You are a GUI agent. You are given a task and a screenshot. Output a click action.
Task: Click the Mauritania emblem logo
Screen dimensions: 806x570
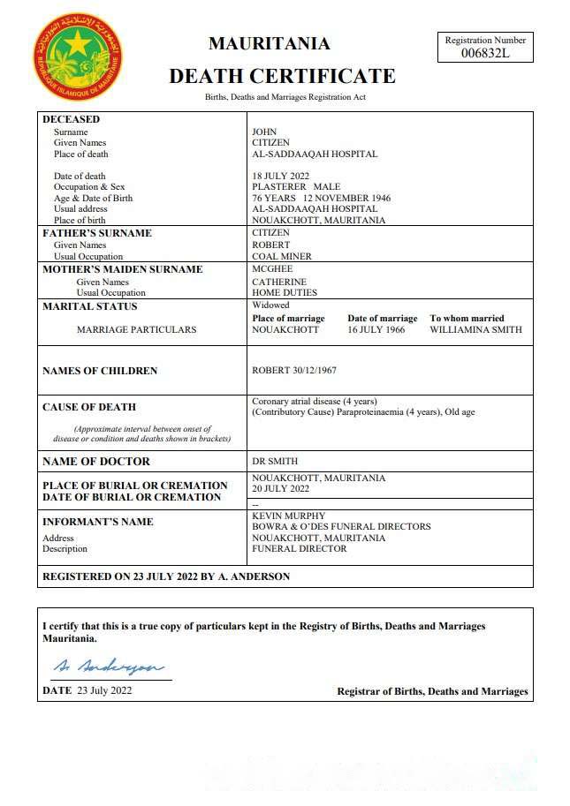78,56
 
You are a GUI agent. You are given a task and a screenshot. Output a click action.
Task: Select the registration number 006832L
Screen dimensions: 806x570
485,53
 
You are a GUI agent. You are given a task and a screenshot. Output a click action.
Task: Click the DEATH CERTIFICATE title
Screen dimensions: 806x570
282,76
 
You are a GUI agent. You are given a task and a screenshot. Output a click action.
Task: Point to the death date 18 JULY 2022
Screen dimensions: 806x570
280,176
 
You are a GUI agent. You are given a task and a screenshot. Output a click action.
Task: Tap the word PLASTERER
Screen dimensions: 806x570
279,187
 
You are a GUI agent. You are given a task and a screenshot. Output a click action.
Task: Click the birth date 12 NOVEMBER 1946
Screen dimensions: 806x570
350,198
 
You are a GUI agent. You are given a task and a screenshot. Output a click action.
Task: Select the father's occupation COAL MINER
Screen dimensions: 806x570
282,257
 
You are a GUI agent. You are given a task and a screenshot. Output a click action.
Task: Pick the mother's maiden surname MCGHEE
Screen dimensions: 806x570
272,269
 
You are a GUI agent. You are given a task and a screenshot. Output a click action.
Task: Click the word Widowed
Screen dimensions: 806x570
271,305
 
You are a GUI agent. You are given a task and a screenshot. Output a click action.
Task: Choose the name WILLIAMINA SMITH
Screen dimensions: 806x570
475,329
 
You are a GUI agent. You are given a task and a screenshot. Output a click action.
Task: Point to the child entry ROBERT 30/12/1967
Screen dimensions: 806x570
293,371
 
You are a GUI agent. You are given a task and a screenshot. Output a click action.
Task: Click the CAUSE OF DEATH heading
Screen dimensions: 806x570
89,407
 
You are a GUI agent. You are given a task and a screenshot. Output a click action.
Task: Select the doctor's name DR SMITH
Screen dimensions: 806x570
275,461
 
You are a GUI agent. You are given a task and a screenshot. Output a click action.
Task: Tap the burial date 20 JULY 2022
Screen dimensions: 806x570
280,488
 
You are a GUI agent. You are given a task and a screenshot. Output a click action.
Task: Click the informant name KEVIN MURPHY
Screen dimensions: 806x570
289,516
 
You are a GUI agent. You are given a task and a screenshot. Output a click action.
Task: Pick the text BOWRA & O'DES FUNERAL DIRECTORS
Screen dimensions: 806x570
341,527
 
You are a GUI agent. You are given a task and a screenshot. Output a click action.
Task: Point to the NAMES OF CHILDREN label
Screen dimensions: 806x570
100,371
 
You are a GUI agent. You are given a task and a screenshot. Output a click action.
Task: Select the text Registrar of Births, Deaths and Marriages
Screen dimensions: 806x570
432,691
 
